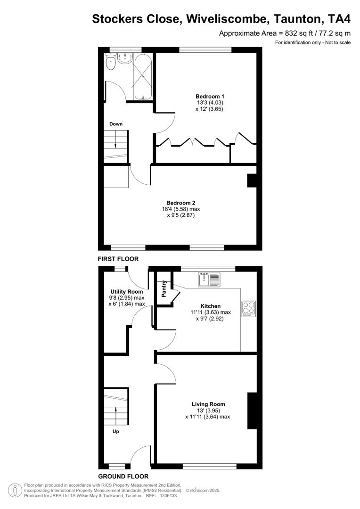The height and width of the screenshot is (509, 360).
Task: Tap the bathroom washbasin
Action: coord(124,58)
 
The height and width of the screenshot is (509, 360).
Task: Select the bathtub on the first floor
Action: coord(143,76)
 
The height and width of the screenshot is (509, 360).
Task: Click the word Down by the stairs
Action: coord(116,124)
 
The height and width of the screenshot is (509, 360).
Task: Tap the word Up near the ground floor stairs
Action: coord(115,431)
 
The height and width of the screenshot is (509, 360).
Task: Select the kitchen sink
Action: coord(209,280)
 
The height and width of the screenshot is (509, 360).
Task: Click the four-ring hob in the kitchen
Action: coord(248,308)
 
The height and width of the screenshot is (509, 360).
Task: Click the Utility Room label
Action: coord(126,292)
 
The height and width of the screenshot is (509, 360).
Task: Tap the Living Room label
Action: coord(208,404)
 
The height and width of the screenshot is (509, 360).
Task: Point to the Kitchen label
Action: coord(210,306)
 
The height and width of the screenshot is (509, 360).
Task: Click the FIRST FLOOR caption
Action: coord(118,259)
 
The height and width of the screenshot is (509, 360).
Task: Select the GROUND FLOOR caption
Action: coord(123,476)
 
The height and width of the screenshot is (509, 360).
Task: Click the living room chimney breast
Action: coord(252,410)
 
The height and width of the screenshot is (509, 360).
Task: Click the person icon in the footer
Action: coord(16,491)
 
